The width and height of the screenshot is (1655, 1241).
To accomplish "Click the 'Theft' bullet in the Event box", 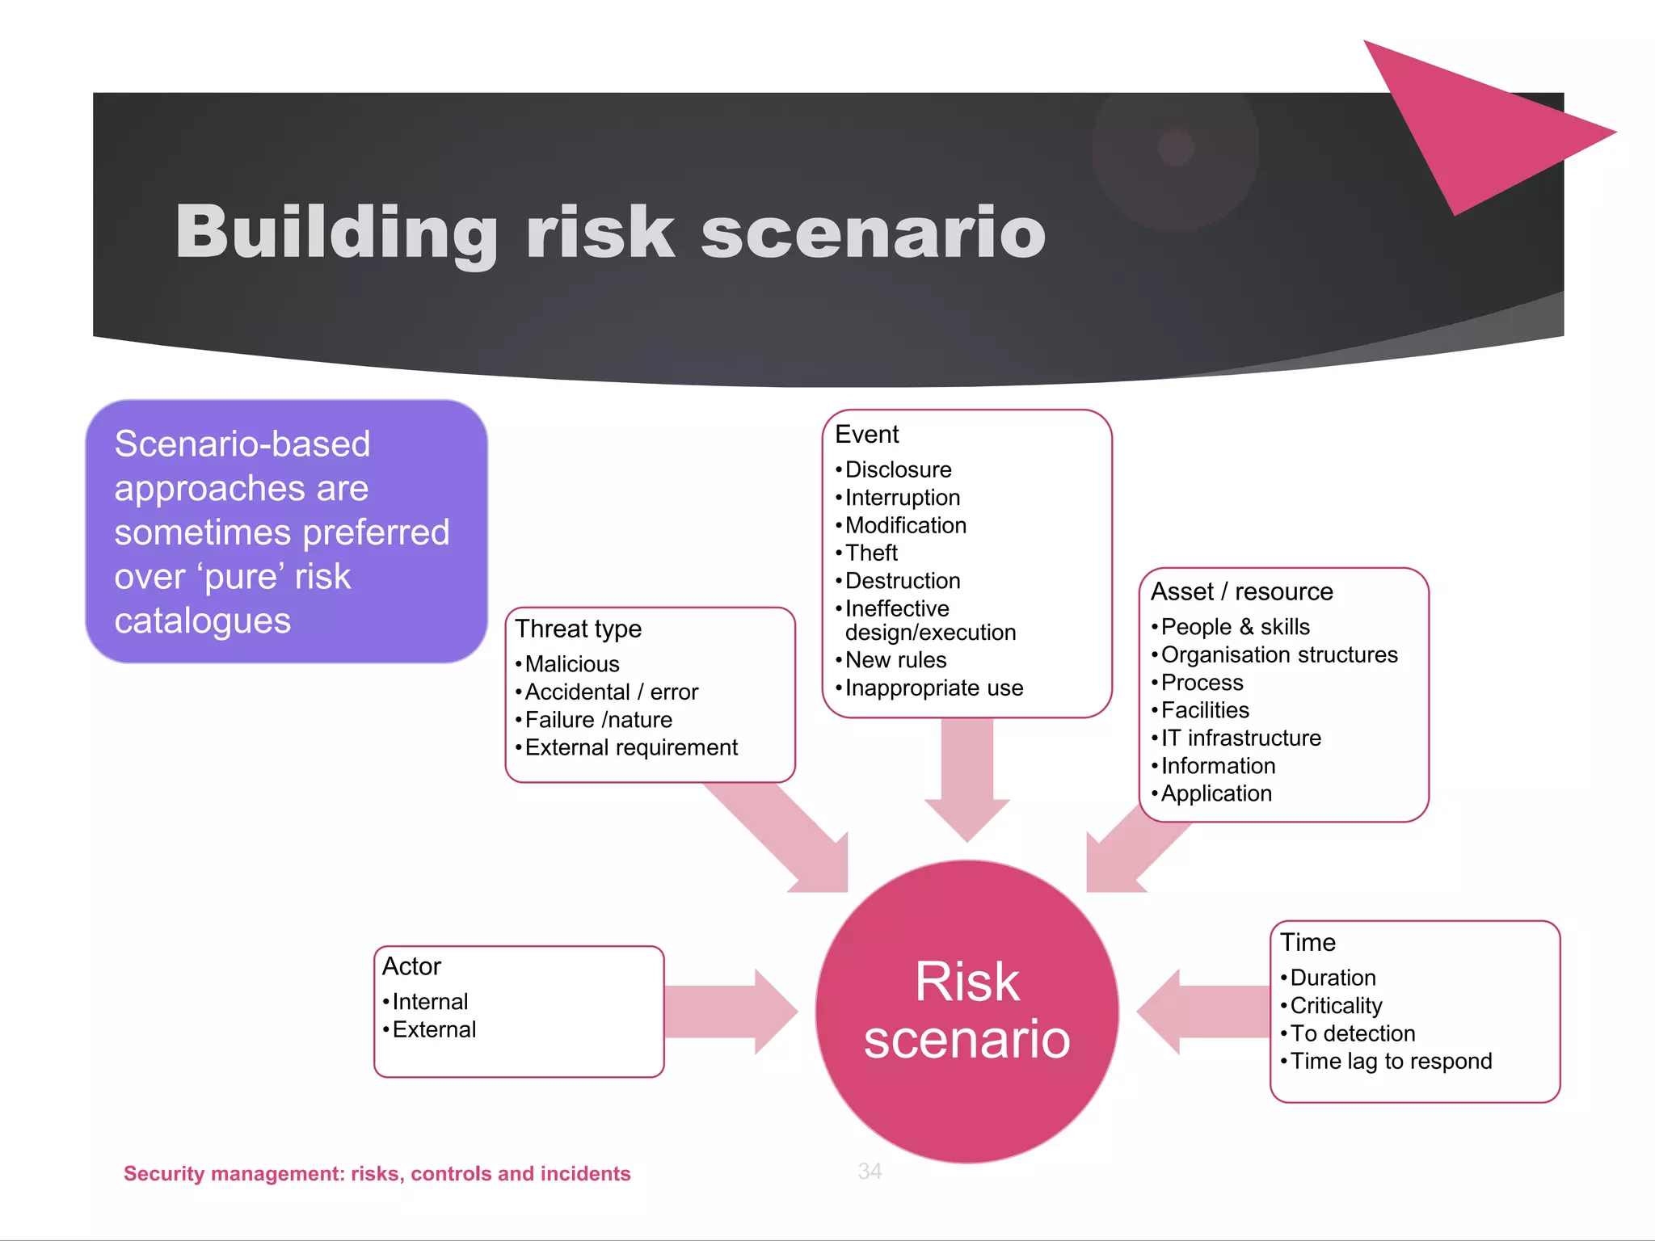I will (871, 553).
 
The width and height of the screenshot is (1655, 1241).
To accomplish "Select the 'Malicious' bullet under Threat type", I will (572, 664).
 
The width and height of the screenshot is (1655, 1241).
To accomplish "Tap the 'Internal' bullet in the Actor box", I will (430, 1002).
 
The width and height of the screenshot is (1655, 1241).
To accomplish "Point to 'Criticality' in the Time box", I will (1336, 1006).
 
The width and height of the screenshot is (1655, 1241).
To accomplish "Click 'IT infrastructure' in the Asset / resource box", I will (1240, 738).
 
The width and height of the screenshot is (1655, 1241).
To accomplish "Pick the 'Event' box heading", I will (866, 435).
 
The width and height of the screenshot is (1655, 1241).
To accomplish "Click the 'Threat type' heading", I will (579, 629).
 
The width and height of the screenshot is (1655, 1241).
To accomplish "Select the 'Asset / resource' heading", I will (1241, 591).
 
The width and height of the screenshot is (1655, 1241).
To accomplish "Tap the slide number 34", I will (870, 1171).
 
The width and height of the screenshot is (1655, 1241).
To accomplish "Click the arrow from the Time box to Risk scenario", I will (1204, 1012).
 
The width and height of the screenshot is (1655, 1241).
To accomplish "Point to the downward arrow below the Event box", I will (967, 776).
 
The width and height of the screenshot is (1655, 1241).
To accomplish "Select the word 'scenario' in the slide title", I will (873, 233).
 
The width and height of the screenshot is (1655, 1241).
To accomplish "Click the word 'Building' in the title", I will (336, 233).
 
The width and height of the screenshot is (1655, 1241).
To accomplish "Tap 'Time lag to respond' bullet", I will (1391, 1061).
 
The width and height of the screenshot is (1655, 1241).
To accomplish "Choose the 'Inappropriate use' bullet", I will (934, 688).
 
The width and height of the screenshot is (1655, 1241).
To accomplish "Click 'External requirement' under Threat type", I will (631, 747).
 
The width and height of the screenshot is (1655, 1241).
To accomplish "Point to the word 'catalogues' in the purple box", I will (202, 620).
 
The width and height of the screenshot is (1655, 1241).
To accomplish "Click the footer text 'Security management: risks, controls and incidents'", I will (377, 1173).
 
